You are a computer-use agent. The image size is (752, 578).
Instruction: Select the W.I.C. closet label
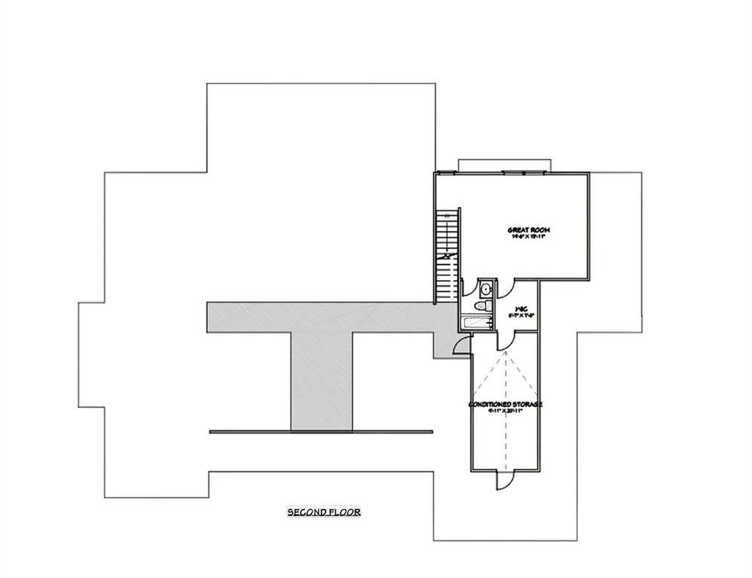(x=519, y=308)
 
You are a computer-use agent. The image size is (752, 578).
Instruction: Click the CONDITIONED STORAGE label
(x=505, y=404)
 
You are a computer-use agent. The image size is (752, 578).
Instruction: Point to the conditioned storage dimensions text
(x=505, y=412)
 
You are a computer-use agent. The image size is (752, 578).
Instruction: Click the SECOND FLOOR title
(x=324, y=512)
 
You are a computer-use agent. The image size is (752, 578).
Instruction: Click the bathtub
(x=476, y=324)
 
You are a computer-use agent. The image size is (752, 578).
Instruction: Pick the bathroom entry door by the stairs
(x=467, y=289)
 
